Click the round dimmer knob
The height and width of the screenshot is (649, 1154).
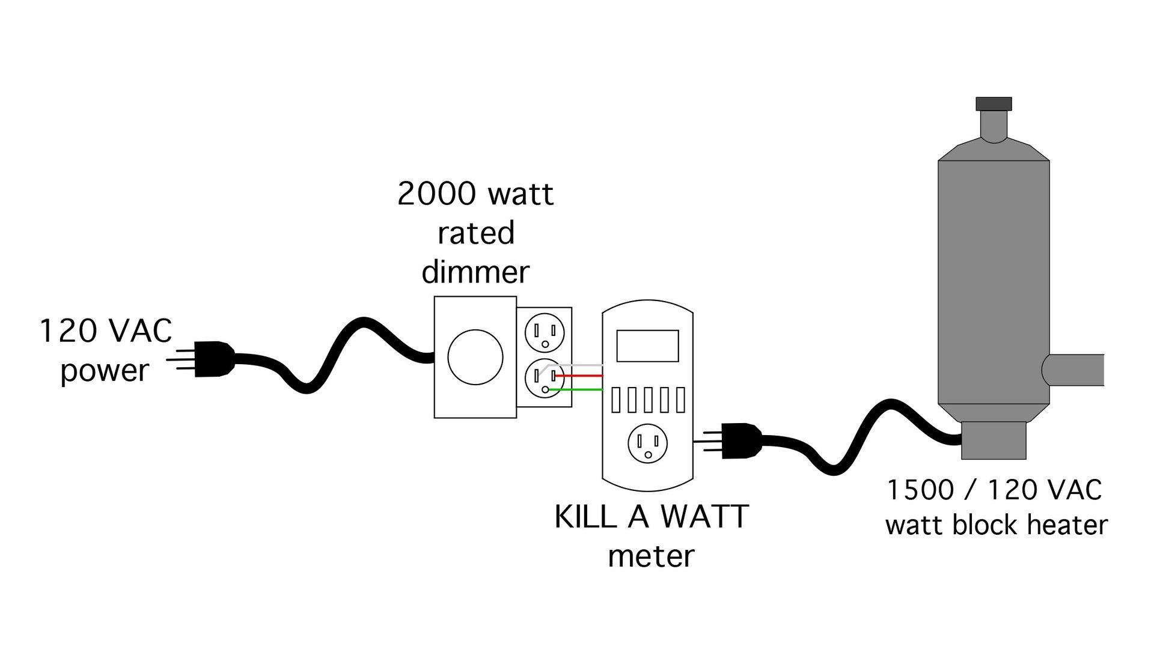coord(475,357)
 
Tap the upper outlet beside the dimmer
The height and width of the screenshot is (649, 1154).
coord(545,332)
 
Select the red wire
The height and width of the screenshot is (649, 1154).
coord(580,376)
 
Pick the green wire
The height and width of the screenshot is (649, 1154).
coord(577,389)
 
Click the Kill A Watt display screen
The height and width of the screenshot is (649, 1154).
coord(647,346)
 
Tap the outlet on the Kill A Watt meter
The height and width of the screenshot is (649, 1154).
coord(647,443)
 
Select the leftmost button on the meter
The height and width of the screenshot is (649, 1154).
coord(615,400)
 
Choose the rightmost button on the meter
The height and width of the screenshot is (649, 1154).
coord(680,400)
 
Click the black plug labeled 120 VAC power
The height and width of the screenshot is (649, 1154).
coord(213,359)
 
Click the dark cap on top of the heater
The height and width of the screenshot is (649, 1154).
coord(994,103)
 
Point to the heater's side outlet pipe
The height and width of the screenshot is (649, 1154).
coord(1076,370)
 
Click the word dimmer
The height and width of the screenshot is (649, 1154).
coord(475,272)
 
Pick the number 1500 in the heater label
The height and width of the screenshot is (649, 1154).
coord(920,490)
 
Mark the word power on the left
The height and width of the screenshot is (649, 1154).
coord(105,371)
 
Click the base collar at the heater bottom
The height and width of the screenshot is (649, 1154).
coord(993,440)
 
